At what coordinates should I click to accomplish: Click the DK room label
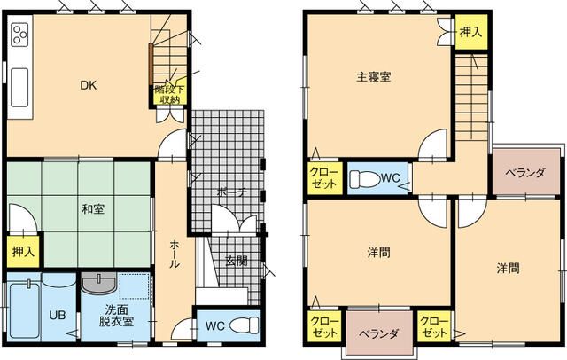click(x=88, y=86)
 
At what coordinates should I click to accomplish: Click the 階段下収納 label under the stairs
click(x=168, y=94)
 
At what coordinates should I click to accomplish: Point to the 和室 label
click(x=92, y=209)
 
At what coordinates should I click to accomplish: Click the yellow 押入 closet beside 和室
click(x=23, y=251)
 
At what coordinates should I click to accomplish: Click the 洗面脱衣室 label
click(x=116, y=316)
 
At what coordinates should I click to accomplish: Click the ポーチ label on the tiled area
click(x=229, y=192)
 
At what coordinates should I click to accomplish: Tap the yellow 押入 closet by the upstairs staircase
click(x=471, y=32)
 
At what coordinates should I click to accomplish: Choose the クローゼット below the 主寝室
click(x=322, y=179)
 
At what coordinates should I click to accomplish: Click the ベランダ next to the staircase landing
click(x=525, y=173)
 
